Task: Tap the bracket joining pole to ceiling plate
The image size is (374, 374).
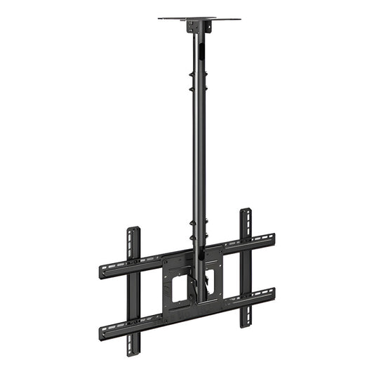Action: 199,27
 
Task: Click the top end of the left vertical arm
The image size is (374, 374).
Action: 133,232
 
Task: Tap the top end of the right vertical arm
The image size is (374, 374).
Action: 246,213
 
